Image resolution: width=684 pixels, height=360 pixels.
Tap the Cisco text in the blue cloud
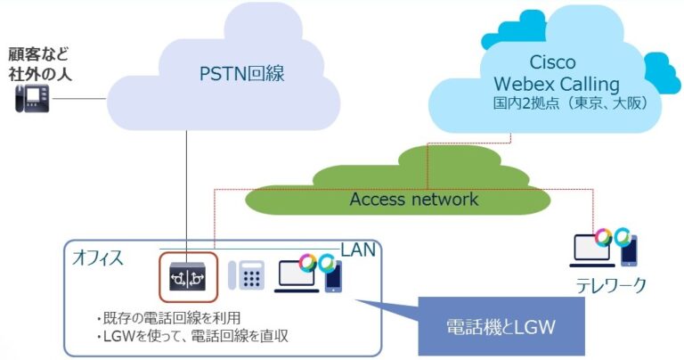(x=552, y=63)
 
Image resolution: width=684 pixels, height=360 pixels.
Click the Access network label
(x=413, y=199)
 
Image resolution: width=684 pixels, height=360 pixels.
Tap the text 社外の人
(x=38, y=73)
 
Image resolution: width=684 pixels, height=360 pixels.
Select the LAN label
(x=359, y=250)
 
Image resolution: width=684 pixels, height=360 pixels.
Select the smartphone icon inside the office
(x=333, y=275)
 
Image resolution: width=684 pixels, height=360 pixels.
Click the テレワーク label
(x=609, y=286)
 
